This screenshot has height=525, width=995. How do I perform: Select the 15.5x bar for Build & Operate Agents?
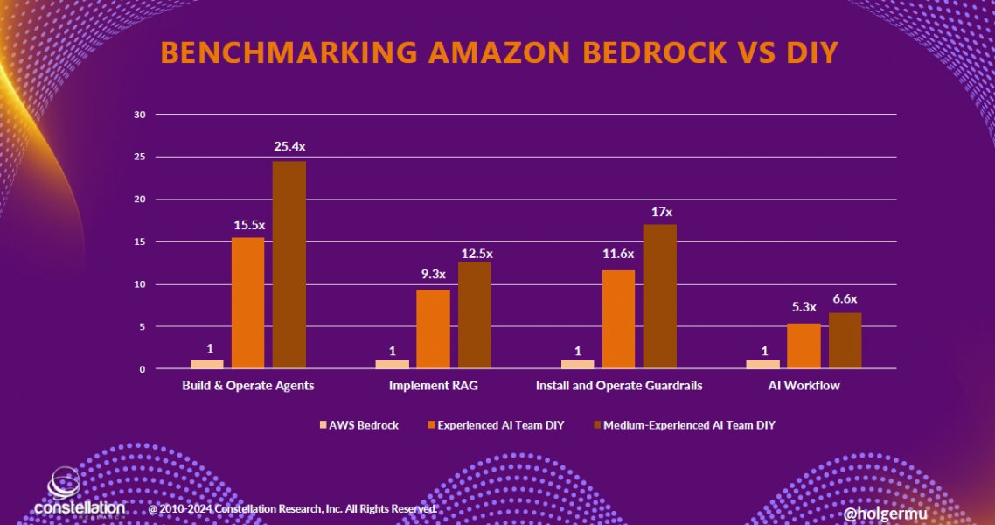247,303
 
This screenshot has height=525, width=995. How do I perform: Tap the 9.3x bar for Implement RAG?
433,329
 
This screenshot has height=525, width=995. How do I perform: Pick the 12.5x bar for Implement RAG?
474,315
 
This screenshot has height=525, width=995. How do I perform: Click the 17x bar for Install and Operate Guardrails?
659,297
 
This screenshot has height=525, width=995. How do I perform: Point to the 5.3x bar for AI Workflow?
804,346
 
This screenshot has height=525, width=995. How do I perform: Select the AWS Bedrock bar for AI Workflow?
762,364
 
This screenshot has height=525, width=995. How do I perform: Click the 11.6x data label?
618,254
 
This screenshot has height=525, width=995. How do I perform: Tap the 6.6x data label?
845,297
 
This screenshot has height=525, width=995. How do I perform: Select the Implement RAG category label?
433,386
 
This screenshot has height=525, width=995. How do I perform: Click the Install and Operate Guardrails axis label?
618,386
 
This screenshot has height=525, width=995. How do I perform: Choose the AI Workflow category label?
804,386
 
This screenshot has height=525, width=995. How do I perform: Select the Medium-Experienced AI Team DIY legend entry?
688,425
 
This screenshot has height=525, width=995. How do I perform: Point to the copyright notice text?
293,508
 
